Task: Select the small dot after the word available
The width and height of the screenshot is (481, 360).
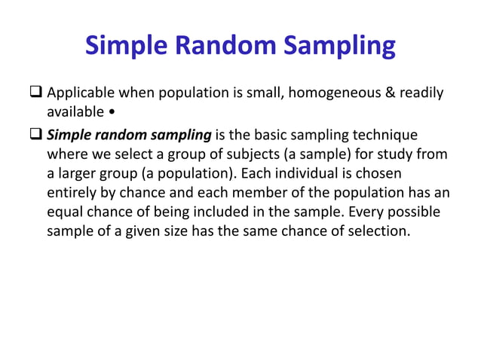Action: point(112,112)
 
